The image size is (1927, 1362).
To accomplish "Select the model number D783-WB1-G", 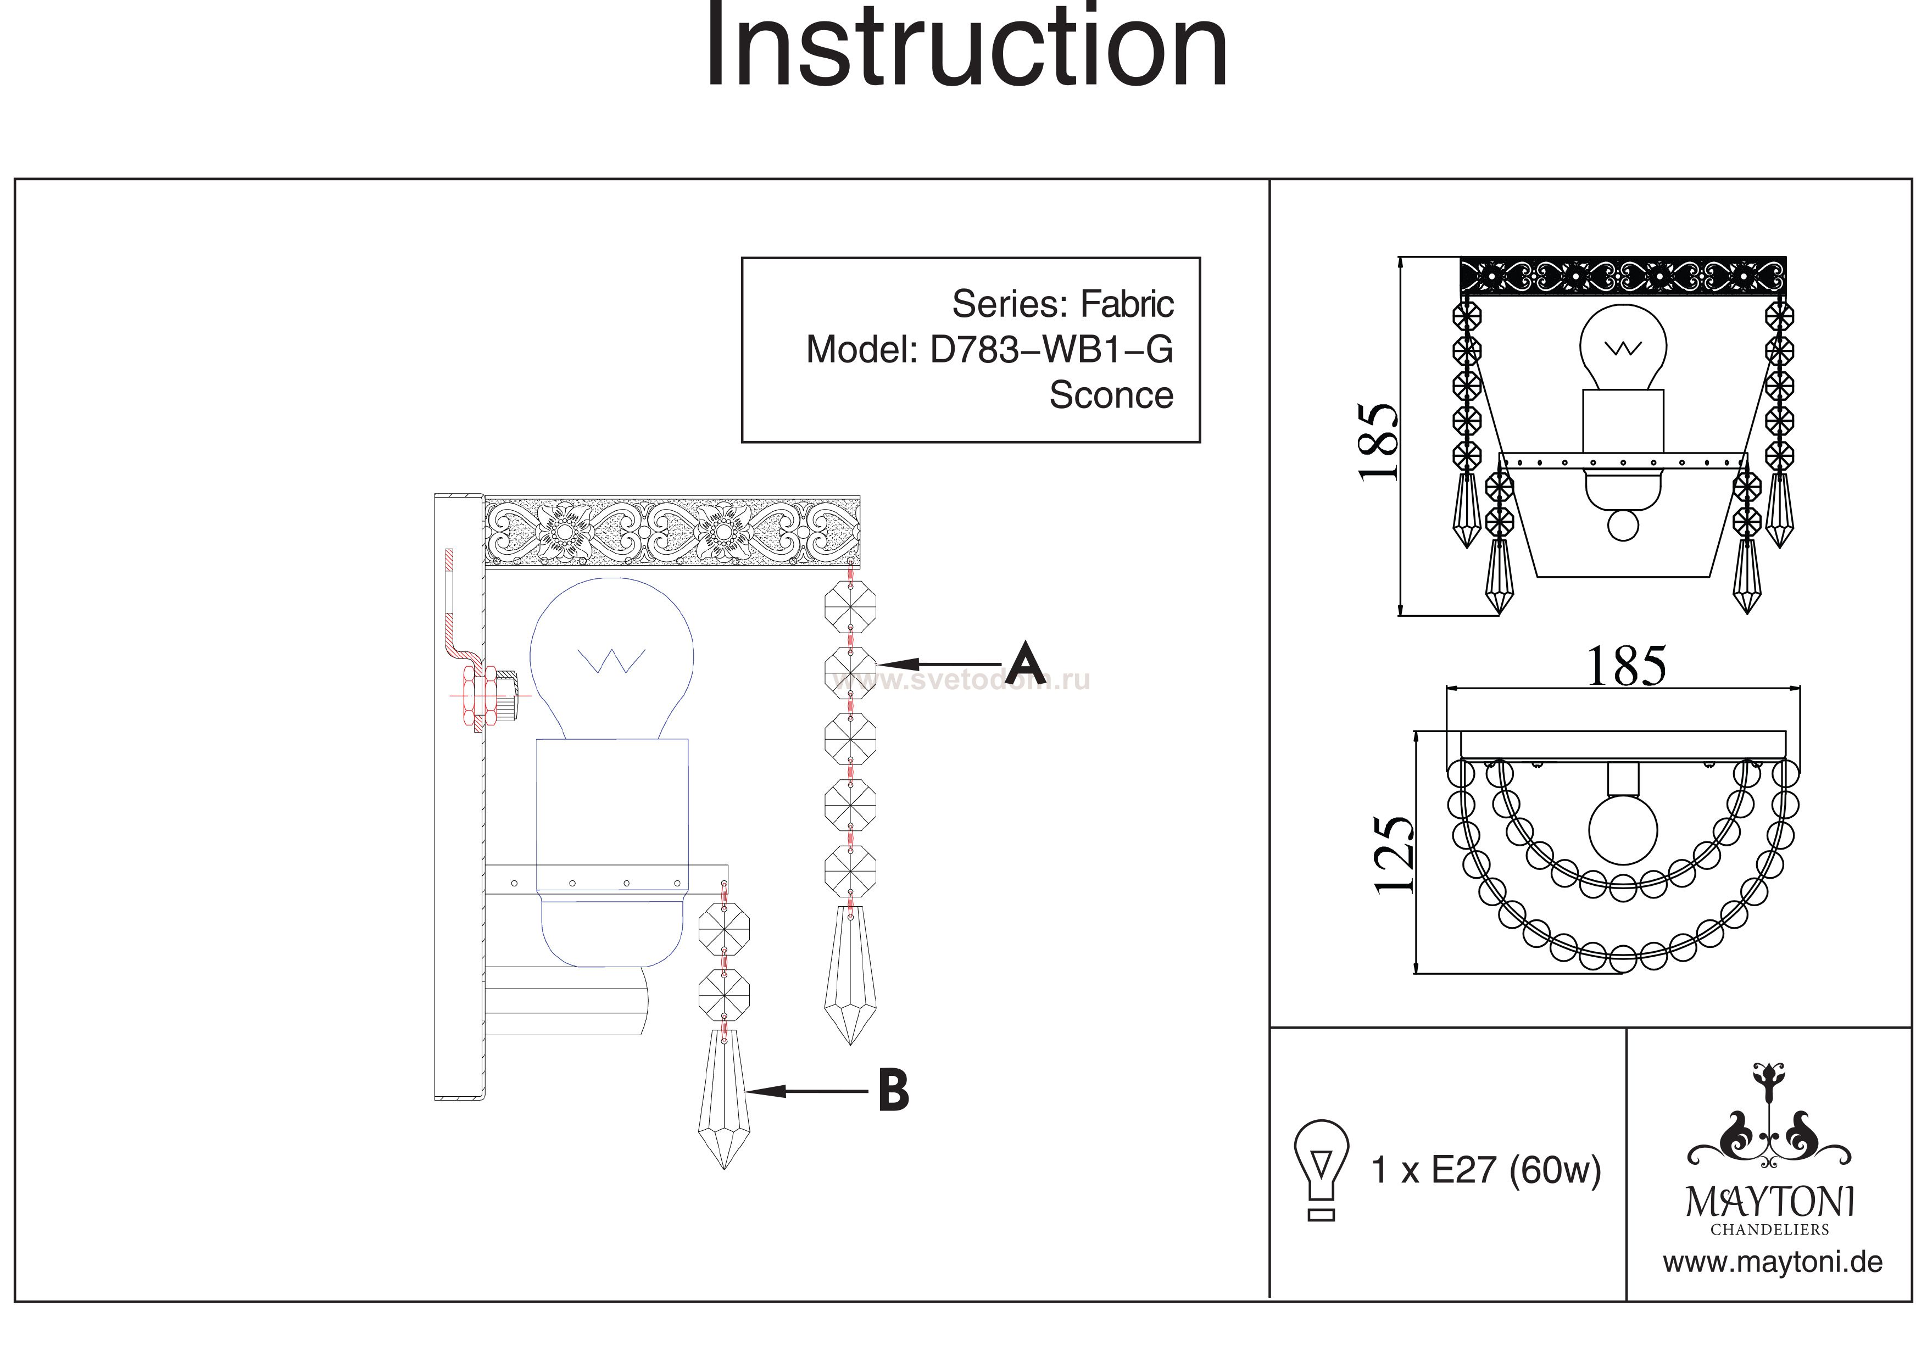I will click(1051, 349).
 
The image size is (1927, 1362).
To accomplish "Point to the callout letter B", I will click(894, 1090).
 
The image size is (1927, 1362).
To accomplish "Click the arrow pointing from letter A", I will click(940, 666).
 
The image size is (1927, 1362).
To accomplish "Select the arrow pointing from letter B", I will click(806, 1091).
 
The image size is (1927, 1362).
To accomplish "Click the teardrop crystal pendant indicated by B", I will click(723, 1099).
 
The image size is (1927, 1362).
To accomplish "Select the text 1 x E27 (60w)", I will click(1485, 1170).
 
